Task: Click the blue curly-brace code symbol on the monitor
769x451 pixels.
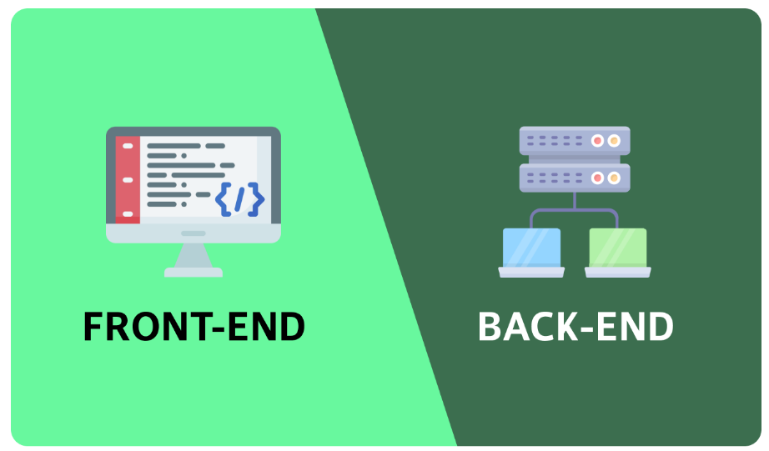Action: coord(239,198)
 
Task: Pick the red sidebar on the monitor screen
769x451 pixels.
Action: coord(127,180)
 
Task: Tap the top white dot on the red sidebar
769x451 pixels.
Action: coord(127,146)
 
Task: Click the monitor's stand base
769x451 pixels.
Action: coord(194,271)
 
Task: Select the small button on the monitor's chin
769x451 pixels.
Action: coord(194,233)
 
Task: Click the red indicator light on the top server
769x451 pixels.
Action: coord(597,141)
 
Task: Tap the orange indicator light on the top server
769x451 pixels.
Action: coord(615,141)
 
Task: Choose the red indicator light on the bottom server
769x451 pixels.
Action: coord(597,178)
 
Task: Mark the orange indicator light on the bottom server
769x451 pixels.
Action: coord(615,178)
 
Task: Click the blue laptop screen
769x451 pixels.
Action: coord(531,247)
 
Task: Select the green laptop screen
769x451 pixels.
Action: coord(618,247)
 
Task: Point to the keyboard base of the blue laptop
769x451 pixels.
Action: coord(531,272)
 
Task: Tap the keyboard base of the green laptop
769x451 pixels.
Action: coord(618,272)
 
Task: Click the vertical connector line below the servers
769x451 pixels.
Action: coord(575,200)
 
